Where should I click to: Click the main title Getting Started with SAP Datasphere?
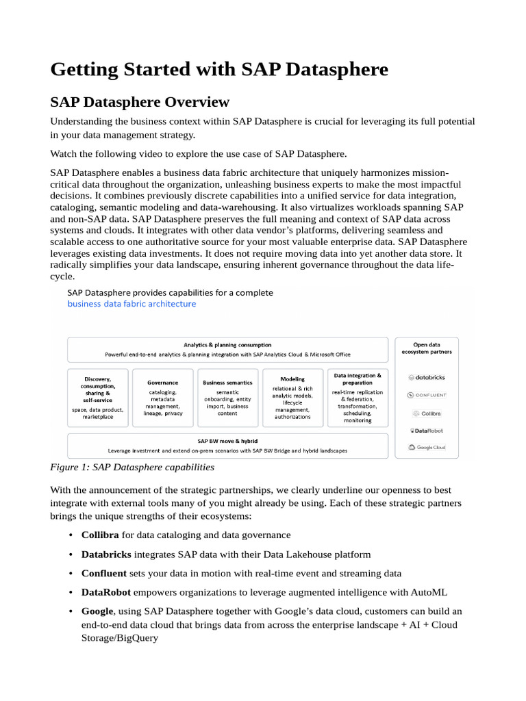219,70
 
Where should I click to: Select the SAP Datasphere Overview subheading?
140,102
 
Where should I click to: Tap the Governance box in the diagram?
163,398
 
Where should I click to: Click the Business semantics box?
227,398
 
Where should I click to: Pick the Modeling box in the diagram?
292,398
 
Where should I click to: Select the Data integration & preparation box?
358,398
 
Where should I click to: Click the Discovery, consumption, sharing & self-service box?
97,398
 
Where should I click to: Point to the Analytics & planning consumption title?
227,345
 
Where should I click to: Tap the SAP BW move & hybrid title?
227,442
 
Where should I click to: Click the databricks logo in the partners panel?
427,377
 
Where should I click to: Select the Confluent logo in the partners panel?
427,395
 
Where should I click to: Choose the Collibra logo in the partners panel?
427,413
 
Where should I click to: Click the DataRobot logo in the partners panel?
427,431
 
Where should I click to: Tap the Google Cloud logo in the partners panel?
427,447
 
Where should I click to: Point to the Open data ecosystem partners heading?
427,348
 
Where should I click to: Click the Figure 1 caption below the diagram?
132,468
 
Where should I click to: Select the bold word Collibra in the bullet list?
100,535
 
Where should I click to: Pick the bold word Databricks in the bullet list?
106,554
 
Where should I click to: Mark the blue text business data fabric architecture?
131,304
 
